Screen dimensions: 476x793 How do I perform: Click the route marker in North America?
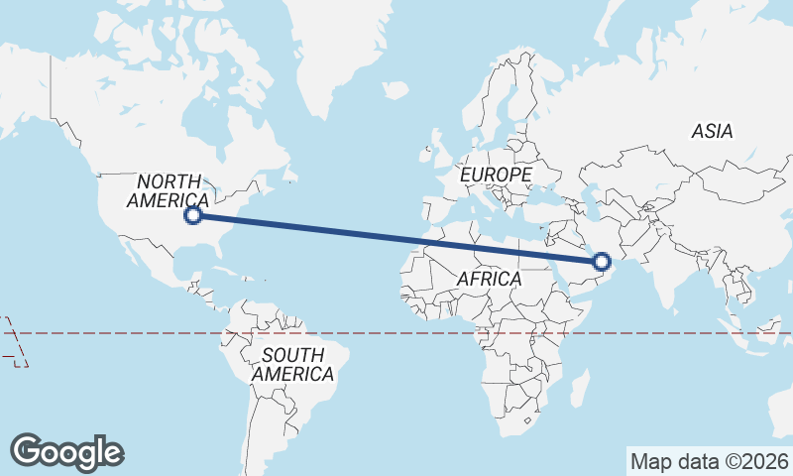pyautogui.click(x=194, y=214)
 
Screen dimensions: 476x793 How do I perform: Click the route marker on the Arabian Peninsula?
pyautogui.click(x=601, y=262)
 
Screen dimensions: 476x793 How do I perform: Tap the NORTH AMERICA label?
pyautogui.click(x=169, y=189)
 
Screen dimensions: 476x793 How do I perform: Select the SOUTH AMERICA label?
pyautogui.click(x=292, y=365)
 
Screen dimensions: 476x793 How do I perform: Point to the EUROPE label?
pyautogui.click(x=496, y=175)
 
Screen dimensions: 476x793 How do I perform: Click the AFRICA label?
pyautogui.click(x=489, y=280)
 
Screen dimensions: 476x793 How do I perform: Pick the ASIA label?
pyautogui.click(x=712, y=131)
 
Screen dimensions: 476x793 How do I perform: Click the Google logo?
pyautogui.click(x=66, y=451)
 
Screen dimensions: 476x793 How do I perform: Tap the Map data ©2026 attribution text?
pyautogui.click(x=709, y=461)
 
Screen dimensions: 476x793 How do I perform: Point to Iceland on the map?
pyautogui.click(x=396, y=90)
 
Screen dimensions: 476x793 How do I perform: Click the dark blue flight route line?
pyautogui.click(x=396, y=238)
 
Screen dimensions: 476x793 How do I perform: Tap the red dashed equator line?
pyautogui.click(x=396, y=333)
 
